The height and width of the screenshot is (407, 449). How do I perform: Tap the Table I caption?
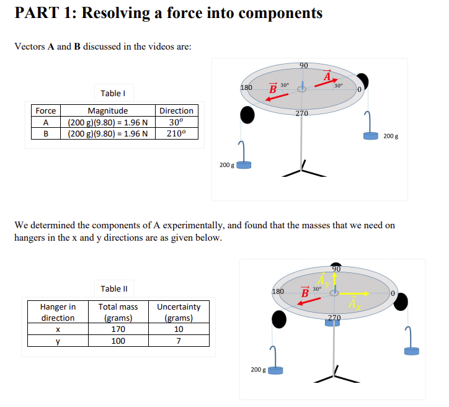pos(113,93)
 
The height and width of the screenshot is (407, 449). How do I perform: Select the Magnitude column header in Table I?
pos(107,110)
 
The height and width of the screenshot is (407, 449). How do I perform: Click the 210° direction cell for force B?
pos(176,133)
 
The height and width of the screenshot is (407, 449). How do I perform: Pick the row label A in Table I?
pos(45,122)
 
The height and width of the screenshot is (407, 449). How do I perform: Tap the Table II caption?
pos(113,288)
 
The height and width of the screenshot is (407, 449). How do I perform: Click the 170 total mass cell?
pos(118,329)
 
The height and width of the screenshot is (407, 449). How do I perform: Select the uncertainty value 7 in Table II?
pos(179,341)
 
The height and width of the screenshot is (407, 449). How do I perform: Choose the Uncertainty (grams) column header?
pos(179,312)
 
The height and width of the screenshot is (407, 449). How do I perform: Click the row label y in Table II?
pos(58,341)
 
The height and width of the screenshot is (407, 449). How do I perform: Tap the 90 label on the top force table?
pos(303,66)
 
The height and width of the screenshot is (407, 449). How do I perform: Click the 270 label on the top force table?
pos(301,113)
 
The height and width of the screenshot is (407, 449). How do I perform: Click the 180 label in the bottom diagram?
pos(278,291)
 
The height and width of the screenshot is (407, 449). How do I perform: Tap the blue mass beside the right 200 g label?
pos(371,135)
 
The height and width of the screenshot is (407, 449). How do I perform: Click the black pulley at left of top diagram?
pos(247,115)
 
